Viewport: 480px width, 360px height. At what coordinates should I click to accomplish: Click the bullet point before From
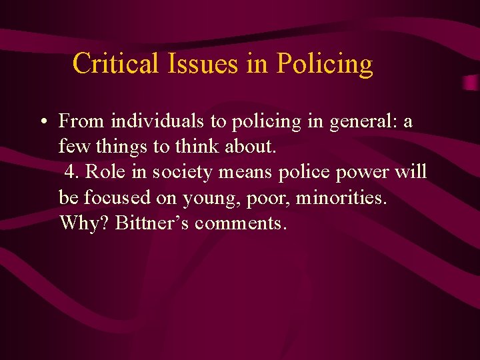[x=42, y=122]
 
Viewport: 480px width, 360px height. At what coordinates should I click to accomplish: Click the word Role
[x=101, y=172]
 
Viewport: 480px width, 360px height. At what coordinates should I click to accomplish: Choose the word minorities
[x=341, y=197]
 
